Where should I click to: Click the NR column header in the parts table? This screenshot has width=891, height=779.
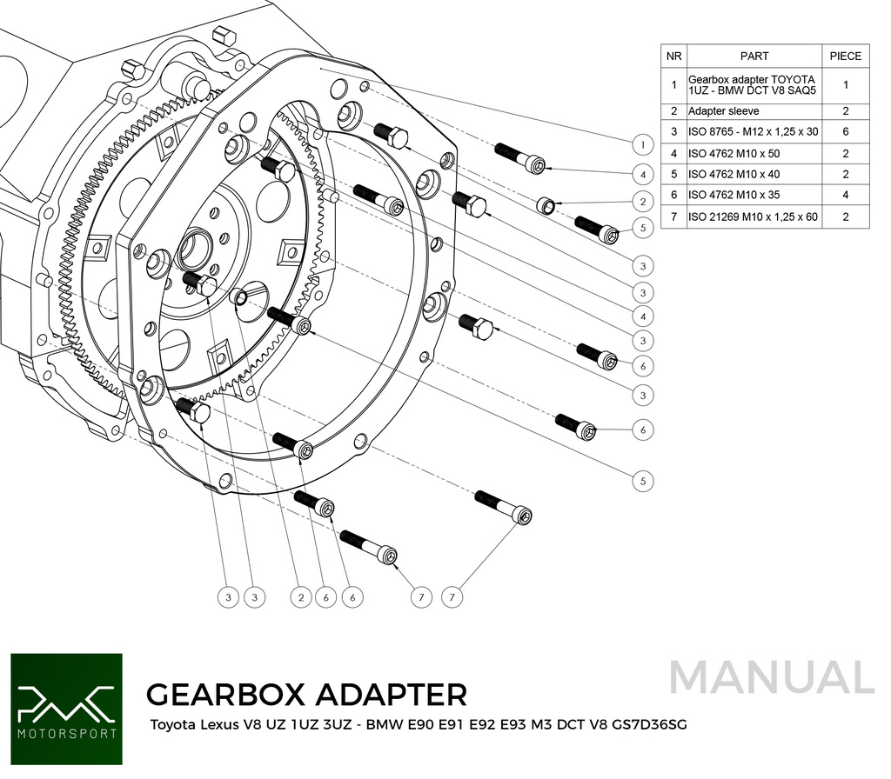coord(673,56)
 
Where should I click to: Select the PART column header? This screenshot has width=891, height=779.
coord(754,56)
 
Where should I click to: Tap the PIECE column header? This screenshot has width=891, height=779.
coord(845,56)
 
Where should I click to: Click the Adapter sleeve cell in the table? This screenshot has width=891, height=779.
coord(723,111)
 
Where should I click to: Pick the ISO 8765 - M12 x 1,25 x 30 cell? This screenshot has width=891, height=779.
coord(754,131)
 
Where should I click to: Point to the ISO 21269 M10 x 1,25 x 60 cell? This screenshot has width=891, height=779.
coord(754,217)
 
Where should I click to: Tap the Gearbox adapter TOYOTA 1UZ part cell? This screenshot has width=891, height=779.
coord(754,85)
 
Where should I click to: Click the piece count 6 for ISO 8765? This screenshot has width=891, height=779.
coord(845,131)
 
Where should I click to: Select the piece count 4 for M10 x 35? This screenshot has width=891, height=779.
coord(845,196)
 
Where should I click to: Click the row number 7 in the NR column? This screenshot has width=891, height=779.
coord(673,217)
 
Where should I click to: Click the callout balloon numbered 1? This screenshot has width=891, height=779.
coord(642,144)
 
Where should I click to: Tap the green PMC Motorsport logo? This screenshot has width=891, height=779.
coord(66,709)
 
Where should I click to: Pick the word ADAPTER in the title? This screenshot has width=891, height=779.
coord(394,695)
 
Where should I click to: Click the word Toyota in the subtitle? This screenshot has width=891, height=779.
coord(174,724)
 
